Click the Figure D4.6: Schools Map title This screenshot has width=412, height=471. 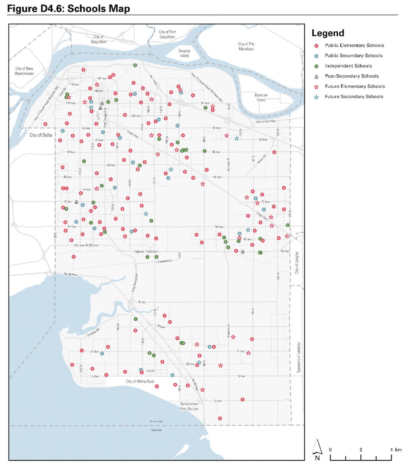click(x=69, y=8)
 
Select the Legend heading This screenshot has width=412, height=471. click(x=328, y=33)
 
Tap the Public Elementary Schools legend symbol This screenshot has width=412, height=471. click(x=317, y=46)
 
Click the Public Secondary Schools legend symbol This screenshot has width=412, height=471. click(x=317, y=56)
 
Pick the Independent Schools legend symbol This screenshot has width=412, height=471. click(x=317, y=66)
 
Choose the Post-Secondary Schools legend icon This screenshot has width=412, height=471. click(x=317, y=76)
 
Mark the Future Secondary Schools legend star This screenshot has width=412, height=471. click(x=317, y=97)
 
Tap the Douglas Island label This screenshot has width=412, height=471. click(x=184, y=53)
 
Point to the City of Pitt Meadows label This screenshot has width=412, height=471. click(x=246, y=46)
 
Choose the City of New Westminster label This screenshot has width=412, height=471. click(x=25, y=71)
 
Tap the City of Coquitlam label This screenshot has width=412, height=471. click(x=99, y=39)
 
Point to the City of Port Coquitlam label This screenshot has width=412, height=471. click(x=167, y=34)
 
